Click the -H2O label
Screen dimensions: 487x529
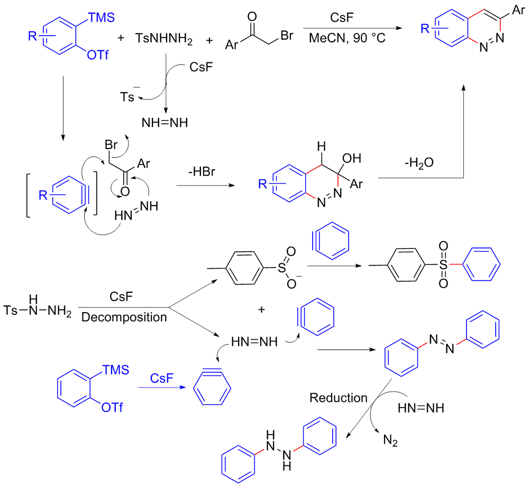pos(420,163)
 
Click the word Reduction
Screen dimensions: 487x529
pos(339,397)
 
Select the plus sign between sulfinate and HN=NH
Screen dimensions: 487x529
pos(260,309)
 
